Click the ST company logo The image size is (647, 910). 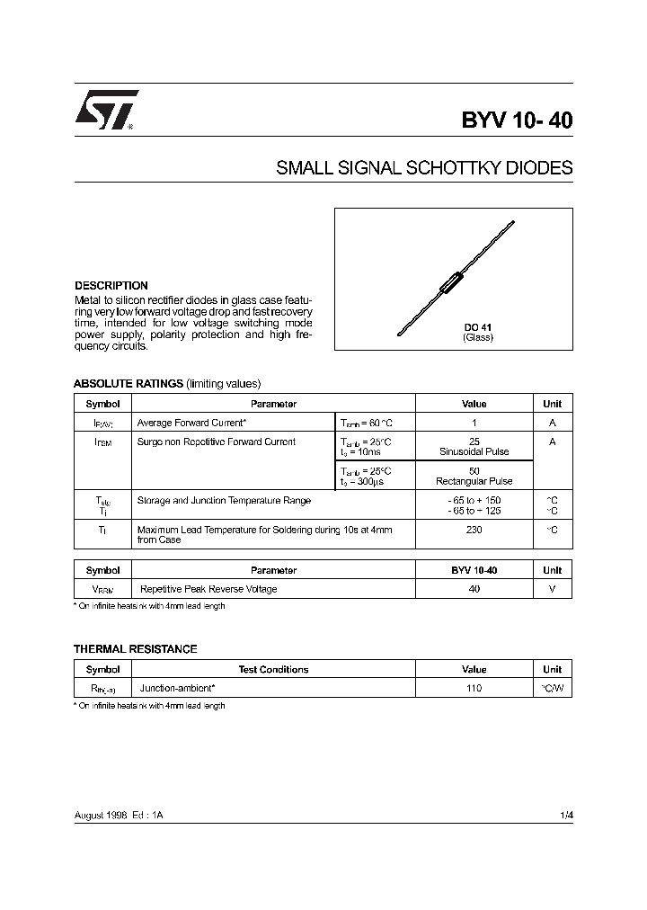pyautogui.click(x=105, y=112)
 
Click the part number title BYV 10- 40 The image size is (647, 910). pyautogui.click(x=517, y=120)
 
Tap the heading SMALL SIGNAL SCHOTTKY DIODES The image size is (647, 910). pyautogui.click(x=424, y=168)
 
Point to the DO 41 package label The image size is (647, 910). pyautogui.click(x=477, y=327)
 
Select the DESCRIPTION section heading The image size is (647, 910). pyautogui.click(x=111, y=285)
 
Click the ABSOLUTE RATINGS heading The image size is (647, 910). pyautogui.click(x=128, y=383)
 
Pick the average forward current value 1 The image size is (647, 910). pyautogui.click(x=474, y=423)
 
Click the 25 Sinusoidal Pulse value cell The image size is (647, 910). pyautogui.click(x=474, y=447)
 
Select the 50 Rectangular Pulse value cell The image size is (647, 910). pyautogui.click(x=474, y=476)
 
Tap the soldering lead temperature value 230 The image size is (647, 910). pyautogui.click(x=474, y=530)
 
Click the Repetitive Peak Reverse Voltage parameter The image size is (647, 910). pyautogui.click(x=208, y=589)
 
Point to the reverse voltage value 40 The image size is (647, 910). pyautogui.click(x=474, y=589)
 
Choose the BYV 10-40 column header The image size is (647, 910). pyautogui.click(x=474, y=570)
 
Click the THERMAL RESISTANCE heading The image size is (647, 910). pyautogui.click(x=135, y=648)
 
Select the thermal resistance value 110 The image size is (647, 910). pyautogui.click(x=474, y=688)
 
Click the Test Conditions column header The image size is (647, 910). pyautogui.click(x=273, y=669)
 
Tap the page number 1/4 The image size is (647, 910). pyautogui.click(x=565, y=815)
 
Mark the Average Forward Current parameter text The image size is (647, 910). pyautogui.click(x=191, y=423)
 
